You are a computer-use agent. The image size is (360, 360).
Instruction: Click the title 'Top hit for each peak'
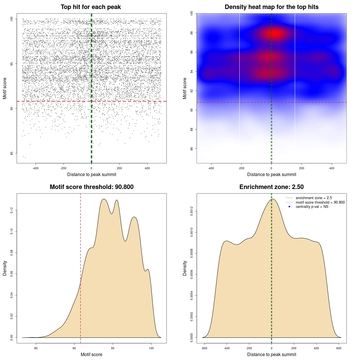pos(91,7)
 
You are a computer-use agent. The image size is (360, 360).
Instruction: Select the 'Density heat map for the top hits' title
pos(271,7)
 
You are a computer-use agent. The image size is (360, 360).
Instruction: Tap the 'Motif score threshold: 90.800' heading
pos(91,187)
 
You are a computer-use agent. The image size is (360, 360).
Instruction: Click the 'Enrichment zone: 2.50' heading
pos(271,187)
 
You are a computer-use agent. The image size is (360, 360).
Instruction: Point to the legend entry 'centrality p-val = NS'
pos(312,207)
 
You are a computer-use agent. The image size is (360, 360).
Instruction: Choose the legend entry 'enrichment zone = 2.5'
pos(314,198)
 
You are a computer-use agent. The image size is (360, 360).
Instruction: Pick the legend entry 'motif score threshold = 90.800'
pos(320,202)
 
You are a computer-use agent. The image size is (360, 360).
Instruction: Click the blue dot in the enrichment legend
pos(289,207)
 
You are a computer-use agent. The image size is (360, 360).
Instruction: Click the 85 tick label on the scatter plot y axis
pos(12,153)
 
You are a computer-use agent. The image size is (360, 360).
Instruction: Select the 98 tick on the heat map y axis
pos(192,33)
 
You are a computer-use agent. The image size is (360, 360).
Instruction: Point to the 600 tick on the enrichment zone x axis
pos(339,348)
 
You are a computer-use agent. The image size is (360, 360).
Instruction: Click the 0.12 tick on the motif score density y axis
pos(12,210)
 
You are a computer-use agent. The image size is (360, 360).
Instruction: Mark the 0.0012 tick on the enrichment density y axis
pos(192,211)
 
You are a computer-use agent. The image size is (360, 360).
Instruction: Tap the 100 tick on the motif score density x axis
pos(151,348)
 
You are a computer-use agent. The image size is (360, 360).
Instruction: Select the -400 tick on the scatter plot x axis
pos(35,168)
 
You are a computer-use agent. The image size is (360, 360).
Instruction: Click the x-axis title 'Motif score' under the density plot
pos(91,354)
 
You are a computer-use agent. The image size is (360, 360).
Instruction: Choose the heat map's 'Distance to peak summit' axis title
pos(271,174)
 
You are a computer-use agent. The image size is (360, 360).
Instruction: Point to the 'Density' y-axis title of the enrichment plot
pos(185,268)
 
